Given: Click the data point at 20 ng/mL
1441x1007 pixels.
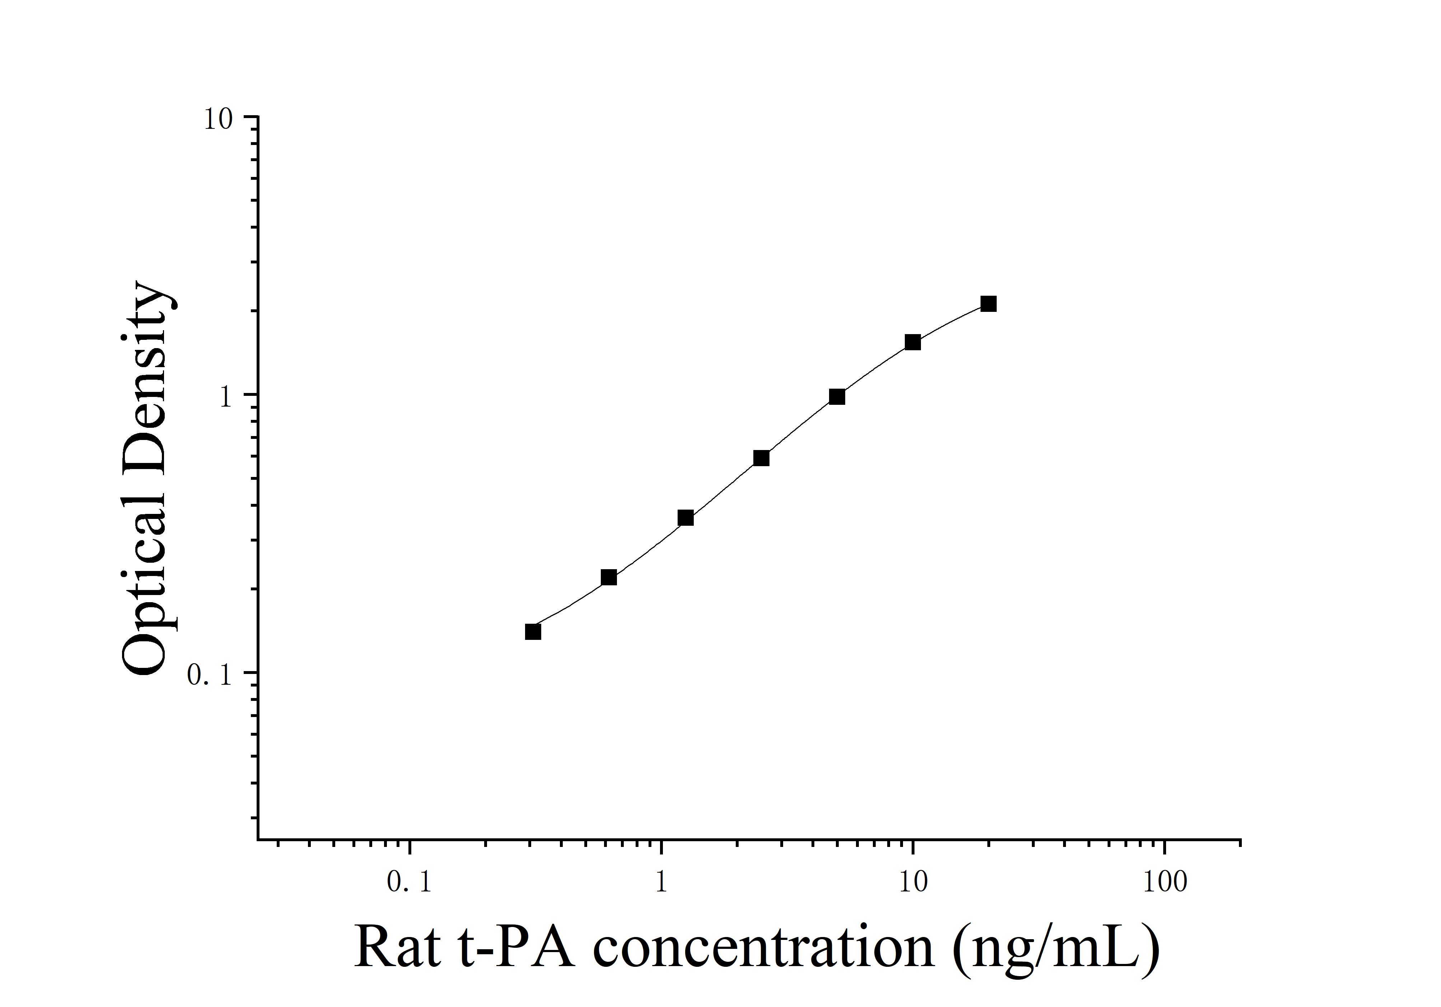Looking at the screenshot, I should tap(988, 304).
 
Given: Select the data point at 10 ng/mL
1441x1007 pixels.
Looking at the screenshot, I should tap(913, 342).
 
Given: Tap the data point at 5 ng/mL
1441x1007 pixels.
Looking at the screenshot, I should tap(837, 397).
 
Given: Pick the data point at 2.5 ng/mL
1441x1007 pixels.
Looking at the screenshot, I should tap(761, 458).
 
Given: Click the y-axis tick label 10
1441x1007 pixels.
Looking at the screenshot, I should tap(218, 119).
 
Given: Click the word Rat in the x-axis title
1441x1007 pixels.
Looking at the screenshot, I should tap(397, 947).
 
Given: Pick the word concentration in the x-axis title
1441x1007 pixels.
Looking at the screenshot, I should tap(763, 947).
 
